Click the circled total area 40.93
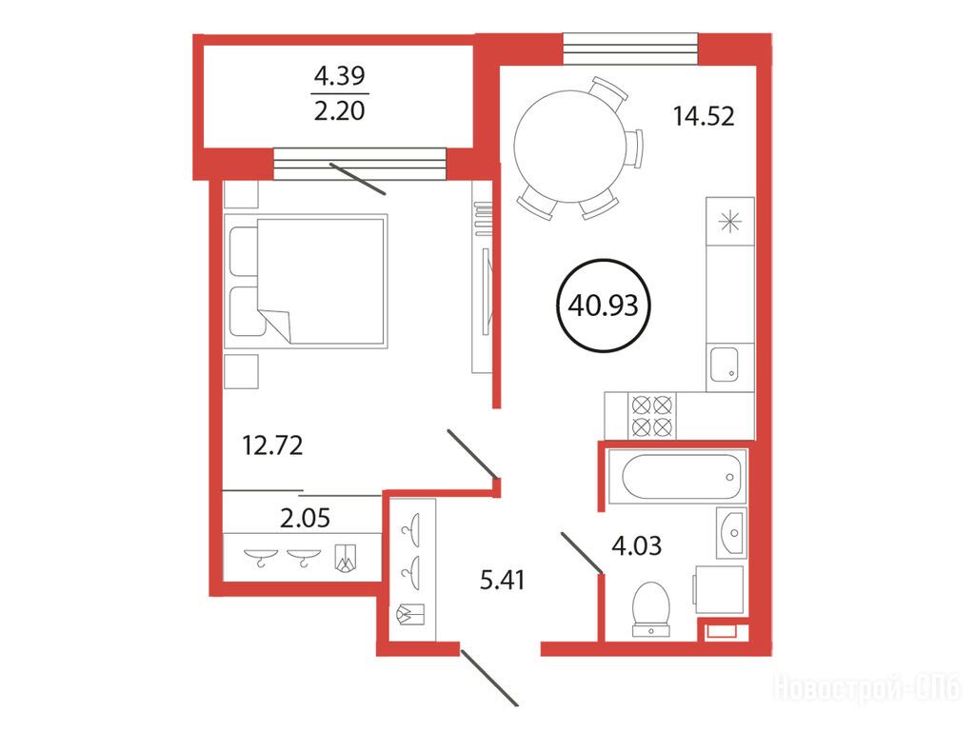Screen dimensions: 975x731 [x=603, y=306]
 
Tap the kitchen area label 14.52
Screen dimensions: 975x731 [x=704, y=116]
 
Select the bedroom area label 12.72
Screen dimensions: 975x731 [x=272, y=445]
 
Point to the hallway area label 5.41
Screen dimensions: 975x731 [x=503, y=580]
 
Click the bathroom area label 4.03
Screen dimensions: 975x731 [x=637, y=545]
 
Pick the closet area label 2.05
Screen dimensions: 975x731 [x=305, y=517]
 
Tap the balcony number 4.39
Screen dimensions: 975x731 [x=340, y=76]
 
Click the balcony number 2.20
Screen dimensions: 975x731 [x=340, y=111]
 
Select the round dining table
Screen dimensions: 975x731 [x=571, y=147]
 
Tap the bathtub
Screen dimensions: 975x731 [x=677, y=477]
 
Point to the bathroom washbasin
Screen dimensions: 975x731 [x=731, y=533]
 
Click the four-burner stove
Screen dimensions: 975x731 [x=652, y=416]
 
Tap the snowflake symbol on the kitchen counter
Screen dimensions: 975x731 [x=730, y=222]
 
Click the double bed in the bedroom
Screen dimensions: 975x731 [x=306, y=281]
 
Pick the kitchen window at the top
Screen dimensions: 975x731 [x=630, y=49]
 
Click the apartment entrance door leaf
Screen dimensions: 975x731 [x=489, y=678]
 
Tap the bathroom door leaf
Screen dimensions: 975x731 [x=582, y=552]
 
